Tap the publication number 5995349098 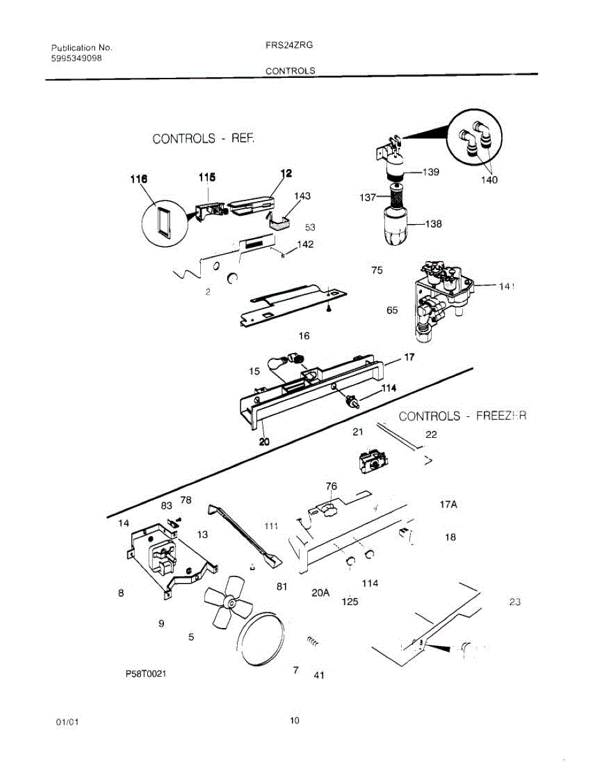pyautogui.click(x=76, y=58)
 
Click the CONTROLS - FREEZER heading pyautogui.click(x=462, y=416)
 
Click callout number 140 pyautogui.click(x=488, y=179)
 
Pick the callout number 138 pyautogui.click(x=433, y=224)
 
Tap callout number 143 pyautogui.click(x=302, y=195)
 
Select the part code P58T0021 pyautogui.click(x=145, y=673)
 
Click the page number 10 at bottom pyautogui.click(x=294, y=721)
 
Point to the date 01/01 pyautogui.click(x=68, y=722)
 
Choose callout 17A pyautogui.click(x=449, y=504)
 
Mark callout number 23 pyautogui.click(x=515, y=601)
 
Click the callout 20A pyautogui.click(x=320, y=592)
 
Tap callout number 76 pyautogui.click(x=331, y=486)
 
